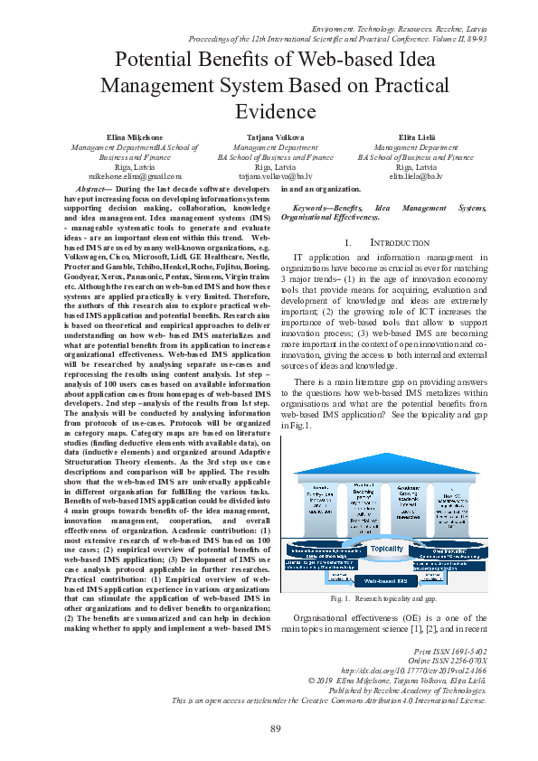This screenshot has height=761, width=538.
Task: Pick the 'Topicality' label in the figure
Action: coord(387,549)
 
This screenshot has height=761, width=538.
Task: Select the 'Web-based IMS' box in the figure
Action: coord(386,580)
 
